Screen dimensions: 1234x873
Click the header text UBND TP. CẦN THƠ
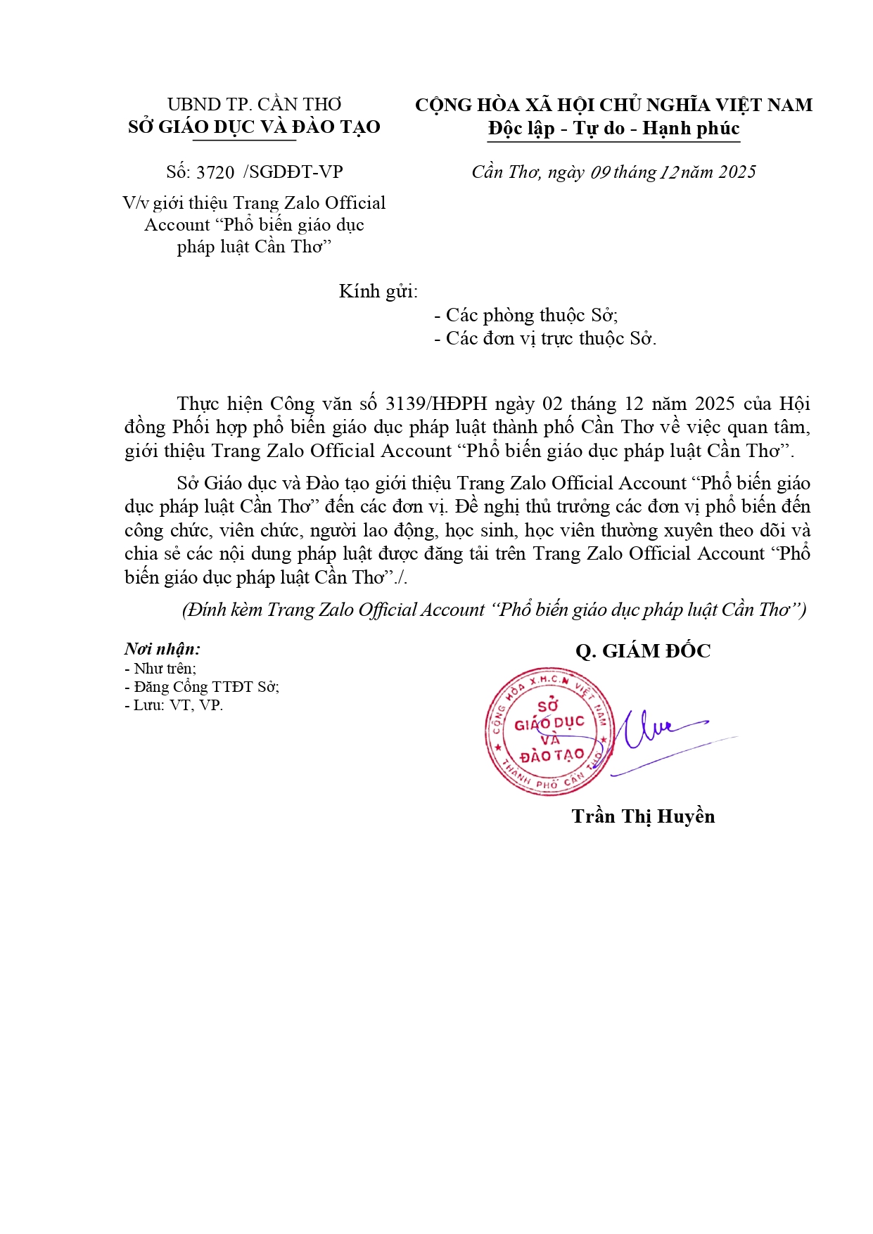pos(254,105)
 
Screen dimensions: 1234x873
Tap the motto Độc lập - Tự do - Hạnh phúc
pos(613,129)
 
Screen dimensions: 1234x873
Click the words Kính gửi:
pos(378,292)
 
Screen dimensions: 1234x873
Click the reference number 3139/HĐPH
pos(436,404)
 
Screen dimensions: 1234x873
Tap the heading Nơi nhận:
pos(163,649)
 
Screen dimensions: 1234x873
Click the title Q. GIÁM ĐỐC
pos(643,651)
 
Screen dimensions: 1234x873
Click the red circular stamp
pos(549,731)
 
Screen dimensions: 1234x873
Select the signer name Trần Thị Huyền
pos(643,816)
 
